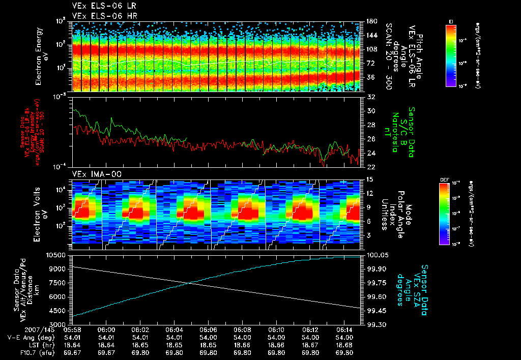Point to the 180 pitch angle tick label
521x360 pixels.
pos(371,21)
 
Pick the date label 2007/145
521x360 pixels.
pos(20,330)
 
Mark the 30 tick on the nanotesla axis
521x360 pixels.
pos(370,111)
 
